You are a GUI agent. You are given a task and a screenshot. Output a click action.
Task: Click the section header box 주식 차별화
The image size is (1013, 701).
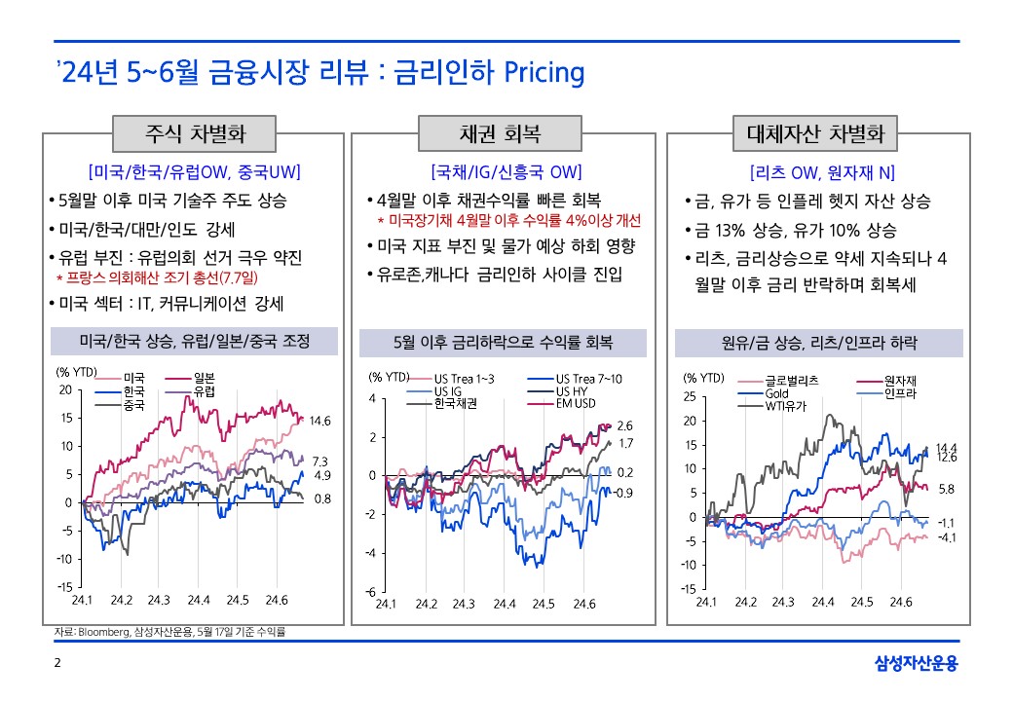194,133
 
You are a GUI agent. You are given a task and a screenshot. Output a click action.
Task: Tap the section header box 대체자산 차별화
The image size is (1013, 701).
815,133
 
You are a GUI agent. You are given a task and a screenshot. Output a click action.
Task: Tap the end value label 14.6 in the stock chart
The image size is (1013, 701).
321,422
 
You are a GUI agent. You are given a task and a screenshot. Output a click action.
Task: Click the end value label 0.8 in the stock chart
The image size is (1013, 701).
321,498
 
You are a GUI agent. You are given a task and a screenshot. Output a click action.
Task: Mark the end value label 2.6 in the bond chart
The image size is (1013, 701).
625,425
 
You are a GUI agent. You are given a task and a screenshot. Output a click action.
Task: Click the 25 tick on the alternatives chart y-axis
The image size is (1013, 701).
689,397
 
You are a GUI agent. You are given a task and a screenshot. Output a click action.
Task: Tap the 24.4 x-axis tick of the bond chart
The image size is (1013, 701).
504,605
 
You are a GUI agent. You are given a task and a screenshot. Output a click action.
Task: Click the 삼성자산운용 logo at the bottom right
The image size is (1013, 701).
917,664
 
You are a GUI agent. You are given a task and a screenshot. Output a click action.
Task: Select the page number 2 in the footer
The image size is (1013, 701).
56,664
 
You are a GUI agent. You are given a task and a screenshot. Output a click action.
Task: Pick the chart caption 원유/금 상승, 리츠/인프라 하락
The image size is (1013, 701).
818,343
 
